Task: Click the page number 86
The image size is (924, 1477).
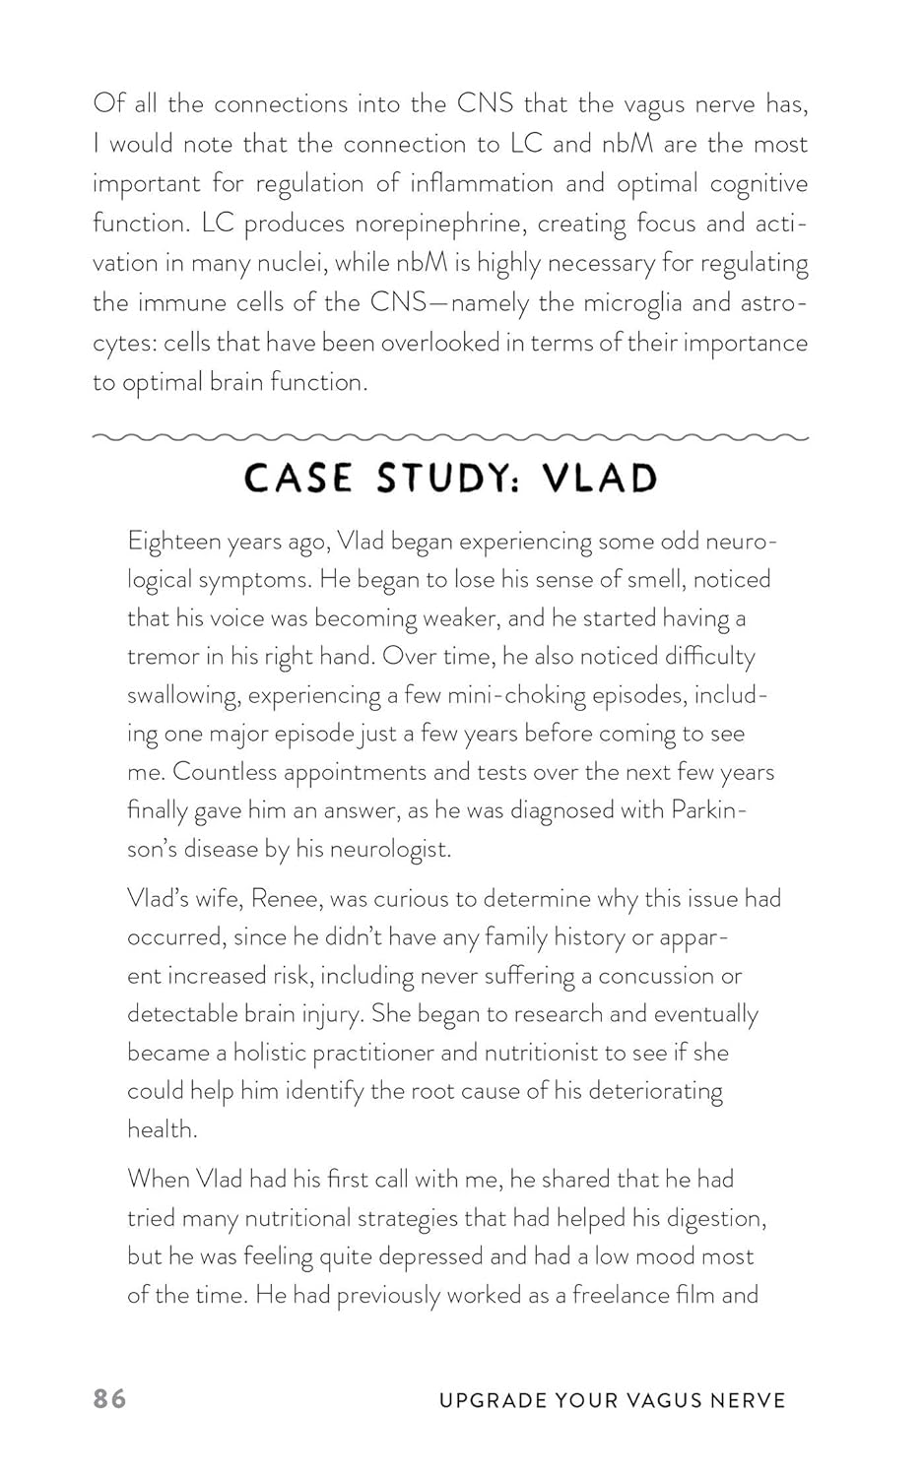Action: [109, 1398]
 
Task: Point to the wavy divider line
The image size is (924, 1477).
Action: [450, 436]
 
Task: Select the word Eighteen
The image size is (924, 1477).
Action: [173, 542]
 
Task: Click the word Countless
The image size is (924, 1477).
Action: [224, 772]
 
